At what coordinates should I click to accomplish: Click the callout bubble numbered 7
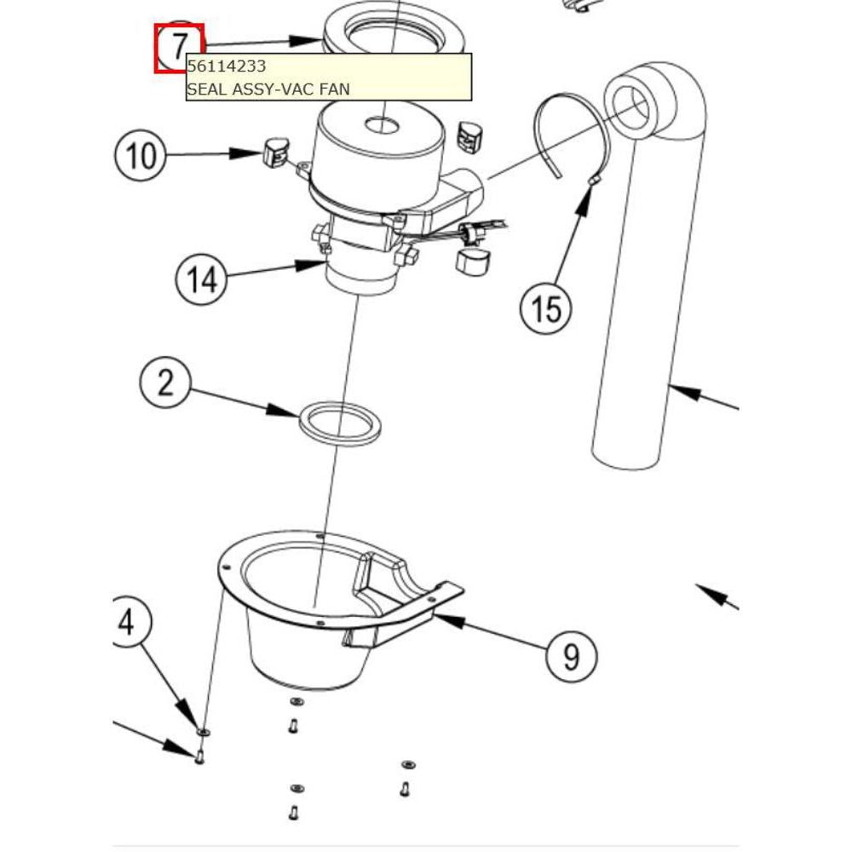coord(179,47)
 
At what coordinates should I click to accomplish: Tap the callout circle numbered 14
coord(203,279)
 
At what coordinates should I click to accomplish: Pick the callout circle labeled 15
coord(546,308)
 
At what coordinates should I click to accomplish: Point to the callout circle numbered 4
coord(128,623)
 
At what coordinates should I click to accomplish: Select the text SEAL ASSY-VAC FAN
coord(268,88)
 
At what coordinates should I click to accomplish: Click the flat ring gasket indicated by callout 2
coord(338,423)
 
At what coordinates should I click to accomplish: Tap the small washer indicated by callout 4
coord(203,732)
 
